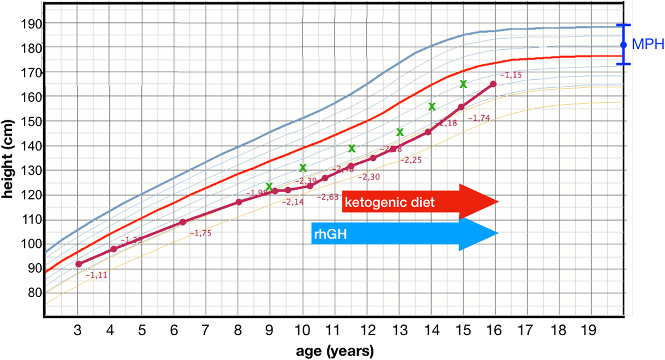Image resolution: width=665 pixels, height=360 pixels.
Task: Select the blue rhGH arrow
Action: [403, 233]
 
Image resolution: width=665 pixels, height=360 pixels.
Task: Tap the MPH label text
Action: [648, 45]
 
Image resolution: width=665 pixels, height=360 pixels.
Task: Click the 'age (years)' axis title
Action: [334, 351]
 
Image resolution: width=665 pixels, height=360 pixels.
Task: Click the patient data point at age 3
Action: [78, 264]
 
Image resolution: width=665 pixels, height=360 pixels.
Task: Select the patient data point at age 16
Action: [493, 84]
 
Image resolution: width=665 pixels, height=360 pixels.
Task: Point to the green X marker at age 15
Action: [463, 84]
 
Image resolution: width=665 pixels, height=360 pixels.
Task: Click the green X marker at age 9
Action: [269, 187]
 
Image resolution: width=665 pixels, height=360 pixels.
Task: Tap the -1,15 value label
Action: [511, 75]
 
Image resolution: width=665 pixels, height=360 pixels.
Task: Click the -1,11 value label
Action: [97, 275]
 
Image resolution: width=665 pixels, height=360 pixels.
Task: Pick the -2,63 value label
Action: [328, 197]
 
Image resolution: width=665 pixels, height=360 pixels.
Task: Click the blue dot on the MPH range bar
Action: [623, 45]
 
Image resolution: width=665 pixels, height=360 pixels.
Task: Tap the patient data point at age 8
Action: [239, 202]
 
